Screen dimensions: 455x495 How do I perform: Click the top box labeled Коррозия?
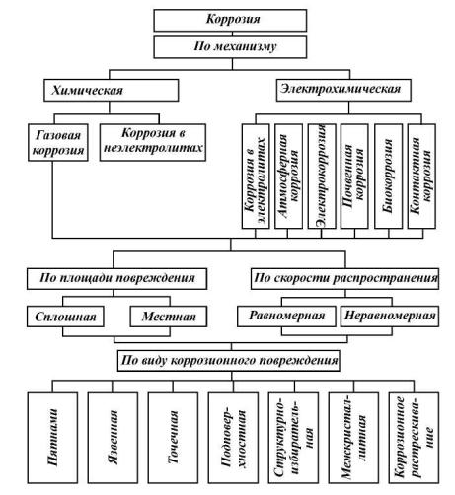(230, 21)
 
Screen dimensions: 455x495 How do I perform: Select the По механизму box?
(230, 47)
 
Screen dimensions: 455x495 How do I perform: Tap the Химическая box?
(112, 90)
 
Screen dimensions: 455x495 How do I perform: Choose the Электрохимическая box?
(343, 90)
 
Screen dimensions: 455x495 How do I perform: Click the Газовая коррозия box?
(58, 142)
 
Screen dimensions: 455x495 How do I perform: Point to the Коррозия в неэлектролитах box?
(153, 142)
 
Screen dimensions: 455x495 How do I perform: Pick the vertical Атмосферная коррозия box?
(288, 177)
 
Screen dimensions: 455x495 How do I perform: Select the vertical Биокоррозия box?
(388, 177)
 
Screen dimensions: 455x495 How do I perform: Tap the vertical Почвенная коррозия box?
(354, 177)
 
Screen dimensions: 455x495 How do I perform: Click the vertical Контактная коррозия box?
(421, 177)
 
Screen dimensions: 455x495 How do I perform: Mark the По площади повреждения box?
(116, 279)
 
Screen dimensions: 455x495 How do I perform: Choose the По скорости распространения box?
(344, 279)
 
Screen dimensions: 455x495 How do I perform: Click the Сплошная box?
(65, 317)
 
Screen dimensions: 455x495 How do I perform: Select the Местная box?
(169, 317)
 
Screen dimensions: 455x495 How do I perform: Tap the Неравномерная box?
(390, 317)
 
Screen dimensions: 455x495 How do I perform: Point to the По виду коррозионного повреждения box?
(229, 361)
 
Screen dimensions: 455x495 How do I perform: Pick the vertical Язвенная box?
(113, 438)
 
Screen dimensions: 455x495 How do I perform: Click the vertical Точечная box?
(173, 438)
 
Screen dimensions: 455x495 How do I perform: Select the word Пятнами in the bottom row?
(53, 437)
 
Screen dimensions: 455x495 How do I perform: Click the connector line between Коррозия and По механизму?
(232, 34)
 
